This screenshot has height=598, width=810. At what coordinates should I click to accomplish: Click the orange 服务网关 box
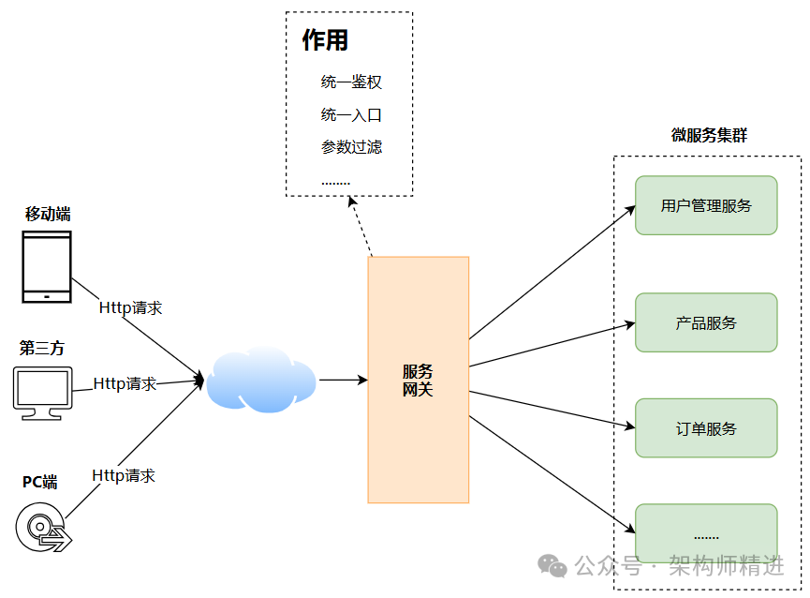coord(418,380)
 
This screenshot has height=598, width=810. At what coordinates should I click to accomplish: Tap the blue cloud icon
coord(260,381)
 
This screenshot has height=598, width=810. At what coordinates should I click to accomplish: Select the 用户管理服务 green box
coord(706,205)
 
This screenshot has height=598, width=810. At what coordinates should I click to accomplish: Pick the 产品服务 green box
coord(706,322)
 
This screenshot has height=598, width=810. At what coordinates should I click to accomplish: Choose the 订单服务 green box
coord(706,428)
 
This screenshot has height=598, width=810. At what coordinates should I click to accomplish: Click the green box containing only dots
coord(706,534)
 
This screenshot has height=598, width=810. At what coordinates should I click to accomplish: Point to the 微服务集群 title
coord(709,135)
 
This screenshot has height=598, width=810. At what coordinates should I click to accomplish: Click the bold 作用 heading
coord(325,40)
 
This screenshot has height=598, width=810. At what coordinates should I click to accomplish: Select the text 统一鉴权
coord(351,82)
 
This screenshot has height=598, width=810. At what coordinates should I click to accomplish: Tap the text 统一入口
coord(351,115)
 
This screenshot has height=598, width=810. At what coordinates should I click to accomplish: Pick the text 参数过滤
coord(351,147)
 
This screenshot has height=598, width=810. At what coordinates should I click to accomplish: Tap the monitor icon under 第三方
coord(42,392)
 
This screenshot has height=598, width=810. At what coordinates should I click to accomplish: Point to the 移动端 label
coord(48,214)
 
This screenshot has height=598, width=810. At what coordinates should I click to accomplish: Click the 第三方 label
coord(42,349)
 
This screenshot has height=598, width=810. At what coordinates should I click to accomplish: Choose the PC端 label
coord(40,483)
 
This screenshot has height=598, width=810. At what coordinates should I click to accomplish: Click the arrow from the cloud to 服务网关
coord(342,381)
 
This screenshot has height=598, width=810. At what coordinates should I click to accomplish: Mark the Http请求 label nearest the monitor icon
coord(125,384)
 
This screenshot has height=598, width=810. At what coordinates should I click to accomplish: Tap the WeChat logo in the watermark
coord(552,565)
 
